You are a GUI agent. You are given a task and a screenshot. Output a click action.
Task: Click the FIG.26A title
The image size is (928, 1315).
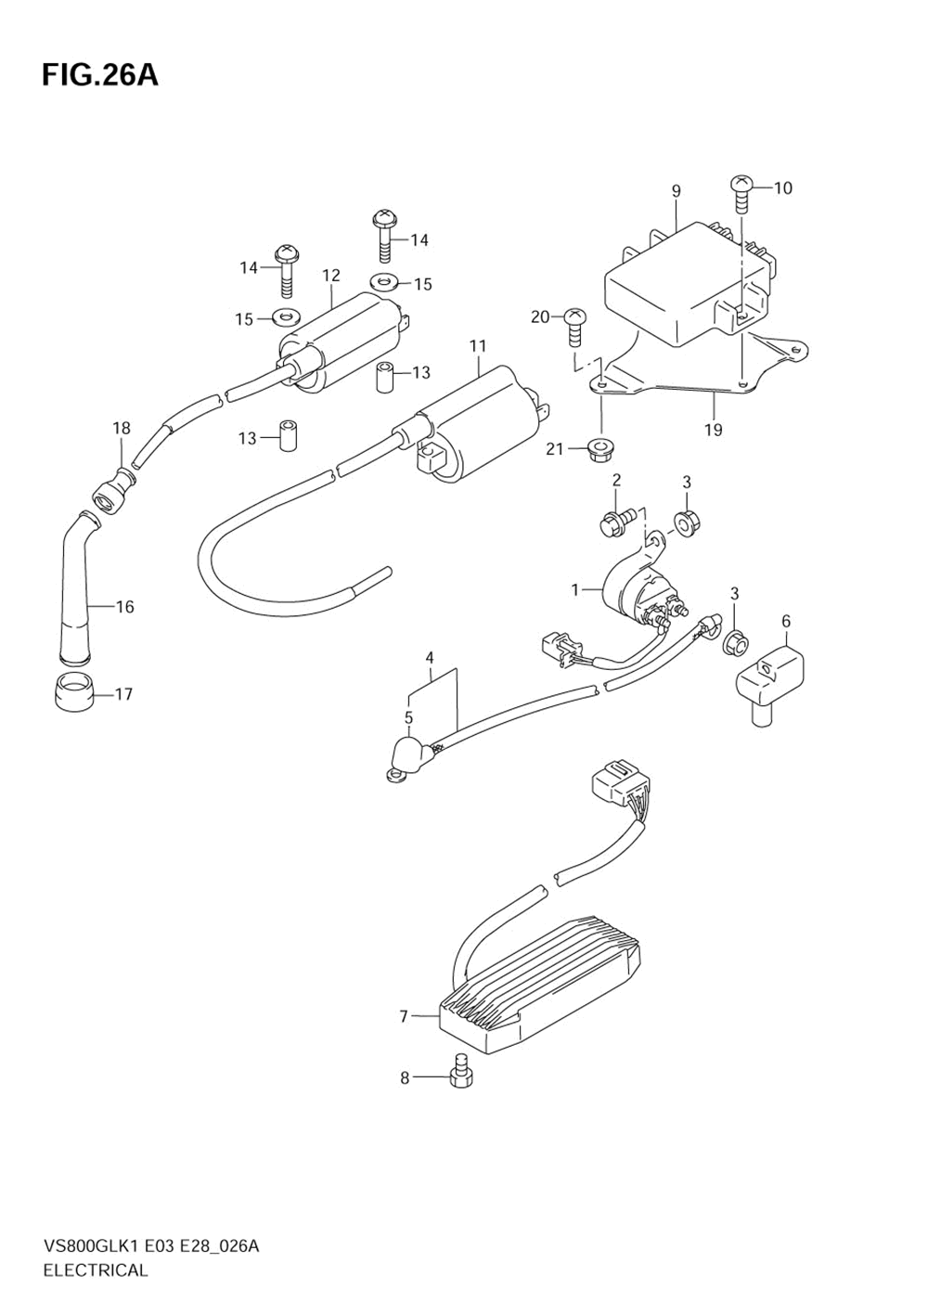[x=99, y=76]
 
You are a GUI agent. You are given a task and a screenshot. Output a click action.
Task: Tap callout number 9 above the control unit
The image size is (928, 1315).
[x=677, y=191]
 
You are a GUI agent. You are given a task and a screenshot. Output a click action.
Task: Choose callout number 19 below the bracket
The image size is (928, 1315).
[x=714, y=430]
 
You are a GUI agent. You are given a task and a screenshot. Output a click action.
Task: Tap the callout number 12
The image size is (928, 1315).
[x=331, y=276]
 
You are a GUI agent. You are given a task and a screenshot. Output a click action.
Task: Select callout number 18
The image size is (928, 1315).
[x=122, y=428]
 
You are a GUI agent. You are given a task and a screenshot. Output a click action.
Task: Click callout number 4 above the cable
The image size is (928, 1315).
[x=430, y=658]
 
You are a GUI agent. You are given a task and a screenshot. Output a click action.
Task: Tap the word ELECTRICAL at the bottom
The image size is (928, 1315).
[x=96, y=1270]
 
